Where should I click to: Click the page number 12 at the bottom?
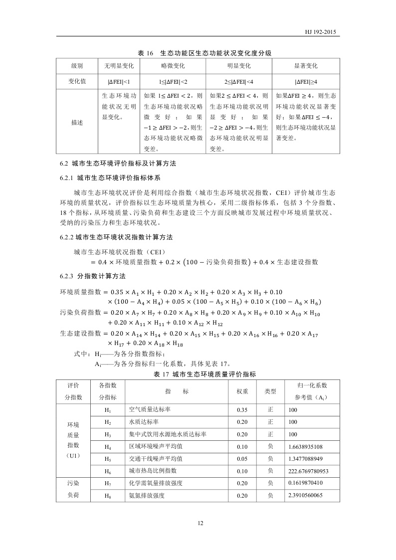coord(200,523)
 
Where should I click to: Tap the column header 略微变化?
coord(172,66)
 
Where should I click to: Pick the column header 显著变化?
coord(306,66)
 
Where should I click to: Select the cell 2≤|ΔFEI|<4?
coord(238,81)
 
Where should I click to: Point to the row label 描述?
coord(77,122)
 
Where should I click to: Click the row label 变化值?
coord(77,81)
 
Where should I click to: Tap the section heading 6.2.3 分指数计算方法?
coord(93,276)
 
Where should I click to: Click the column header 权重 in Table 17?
coord(242,391)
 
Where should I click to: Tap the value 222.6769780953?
coord(308,471)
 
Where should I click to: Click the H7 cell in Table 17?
coord(108,483)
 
